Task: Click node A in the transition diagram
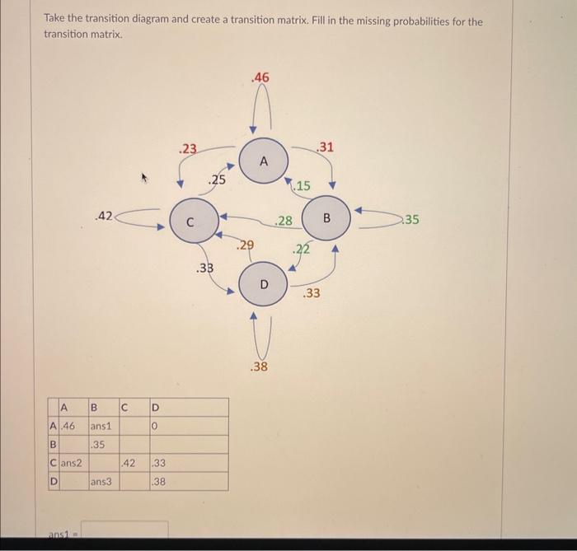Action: pos(264,161)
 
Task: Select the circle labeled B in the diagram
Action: pos(326,219)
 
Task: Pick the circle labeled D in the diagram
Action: pos(264,284)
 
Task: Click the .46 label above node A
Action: pos(260,77)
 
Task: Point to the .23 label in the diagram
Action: pos(189,149)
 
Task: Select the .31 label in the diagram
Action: pos(326,147)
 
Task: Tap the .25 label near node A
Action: pos(217,180)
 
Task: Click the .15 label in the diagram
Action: pos(302,186)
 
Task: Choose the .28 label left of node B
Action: pos(284,220)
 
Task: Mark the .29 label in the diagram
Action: pos(245,245)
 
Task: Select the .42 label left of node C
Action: pos(103,217)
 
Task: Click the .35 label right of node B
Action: pos(411,220)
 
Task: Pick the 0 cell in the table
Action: pos(154,427)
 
